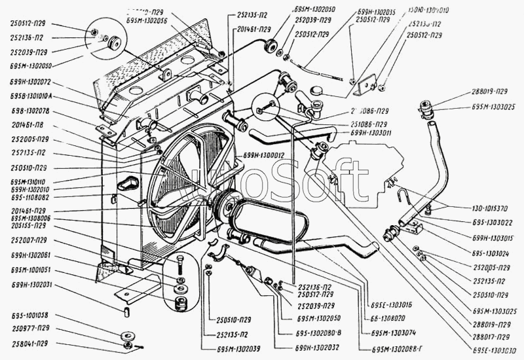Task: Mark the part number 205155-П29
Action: [29, 225]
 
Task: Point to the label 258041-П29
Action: [29, 342]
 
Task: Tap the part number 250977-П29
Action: [29, 329]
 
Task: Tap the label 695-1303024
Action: [492, 251]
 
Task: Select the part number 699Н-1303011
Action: [371, 133]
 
